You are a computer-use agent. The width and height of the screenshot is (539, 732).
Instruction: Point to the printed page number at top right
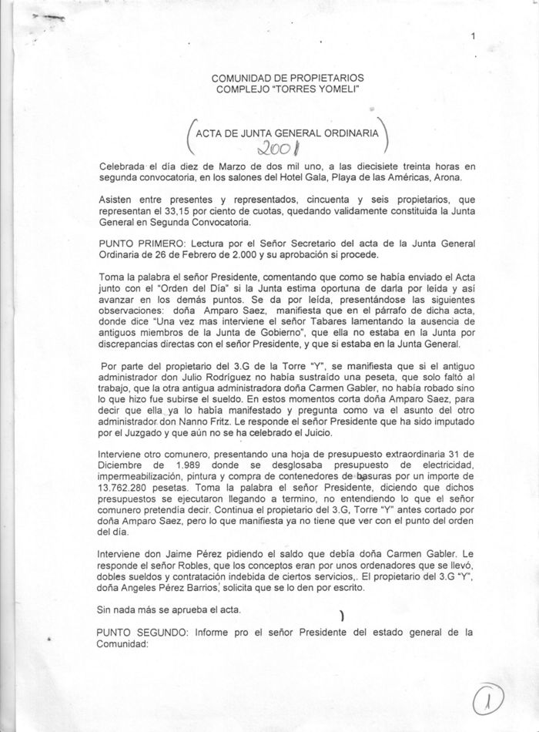point(473,36)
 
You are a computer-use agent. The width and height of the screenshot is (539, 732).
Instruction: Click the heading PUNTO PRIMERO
point(136,242)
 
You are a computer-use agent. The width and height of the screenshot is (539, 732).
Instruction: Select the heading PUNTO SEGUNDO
point(139,633)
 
